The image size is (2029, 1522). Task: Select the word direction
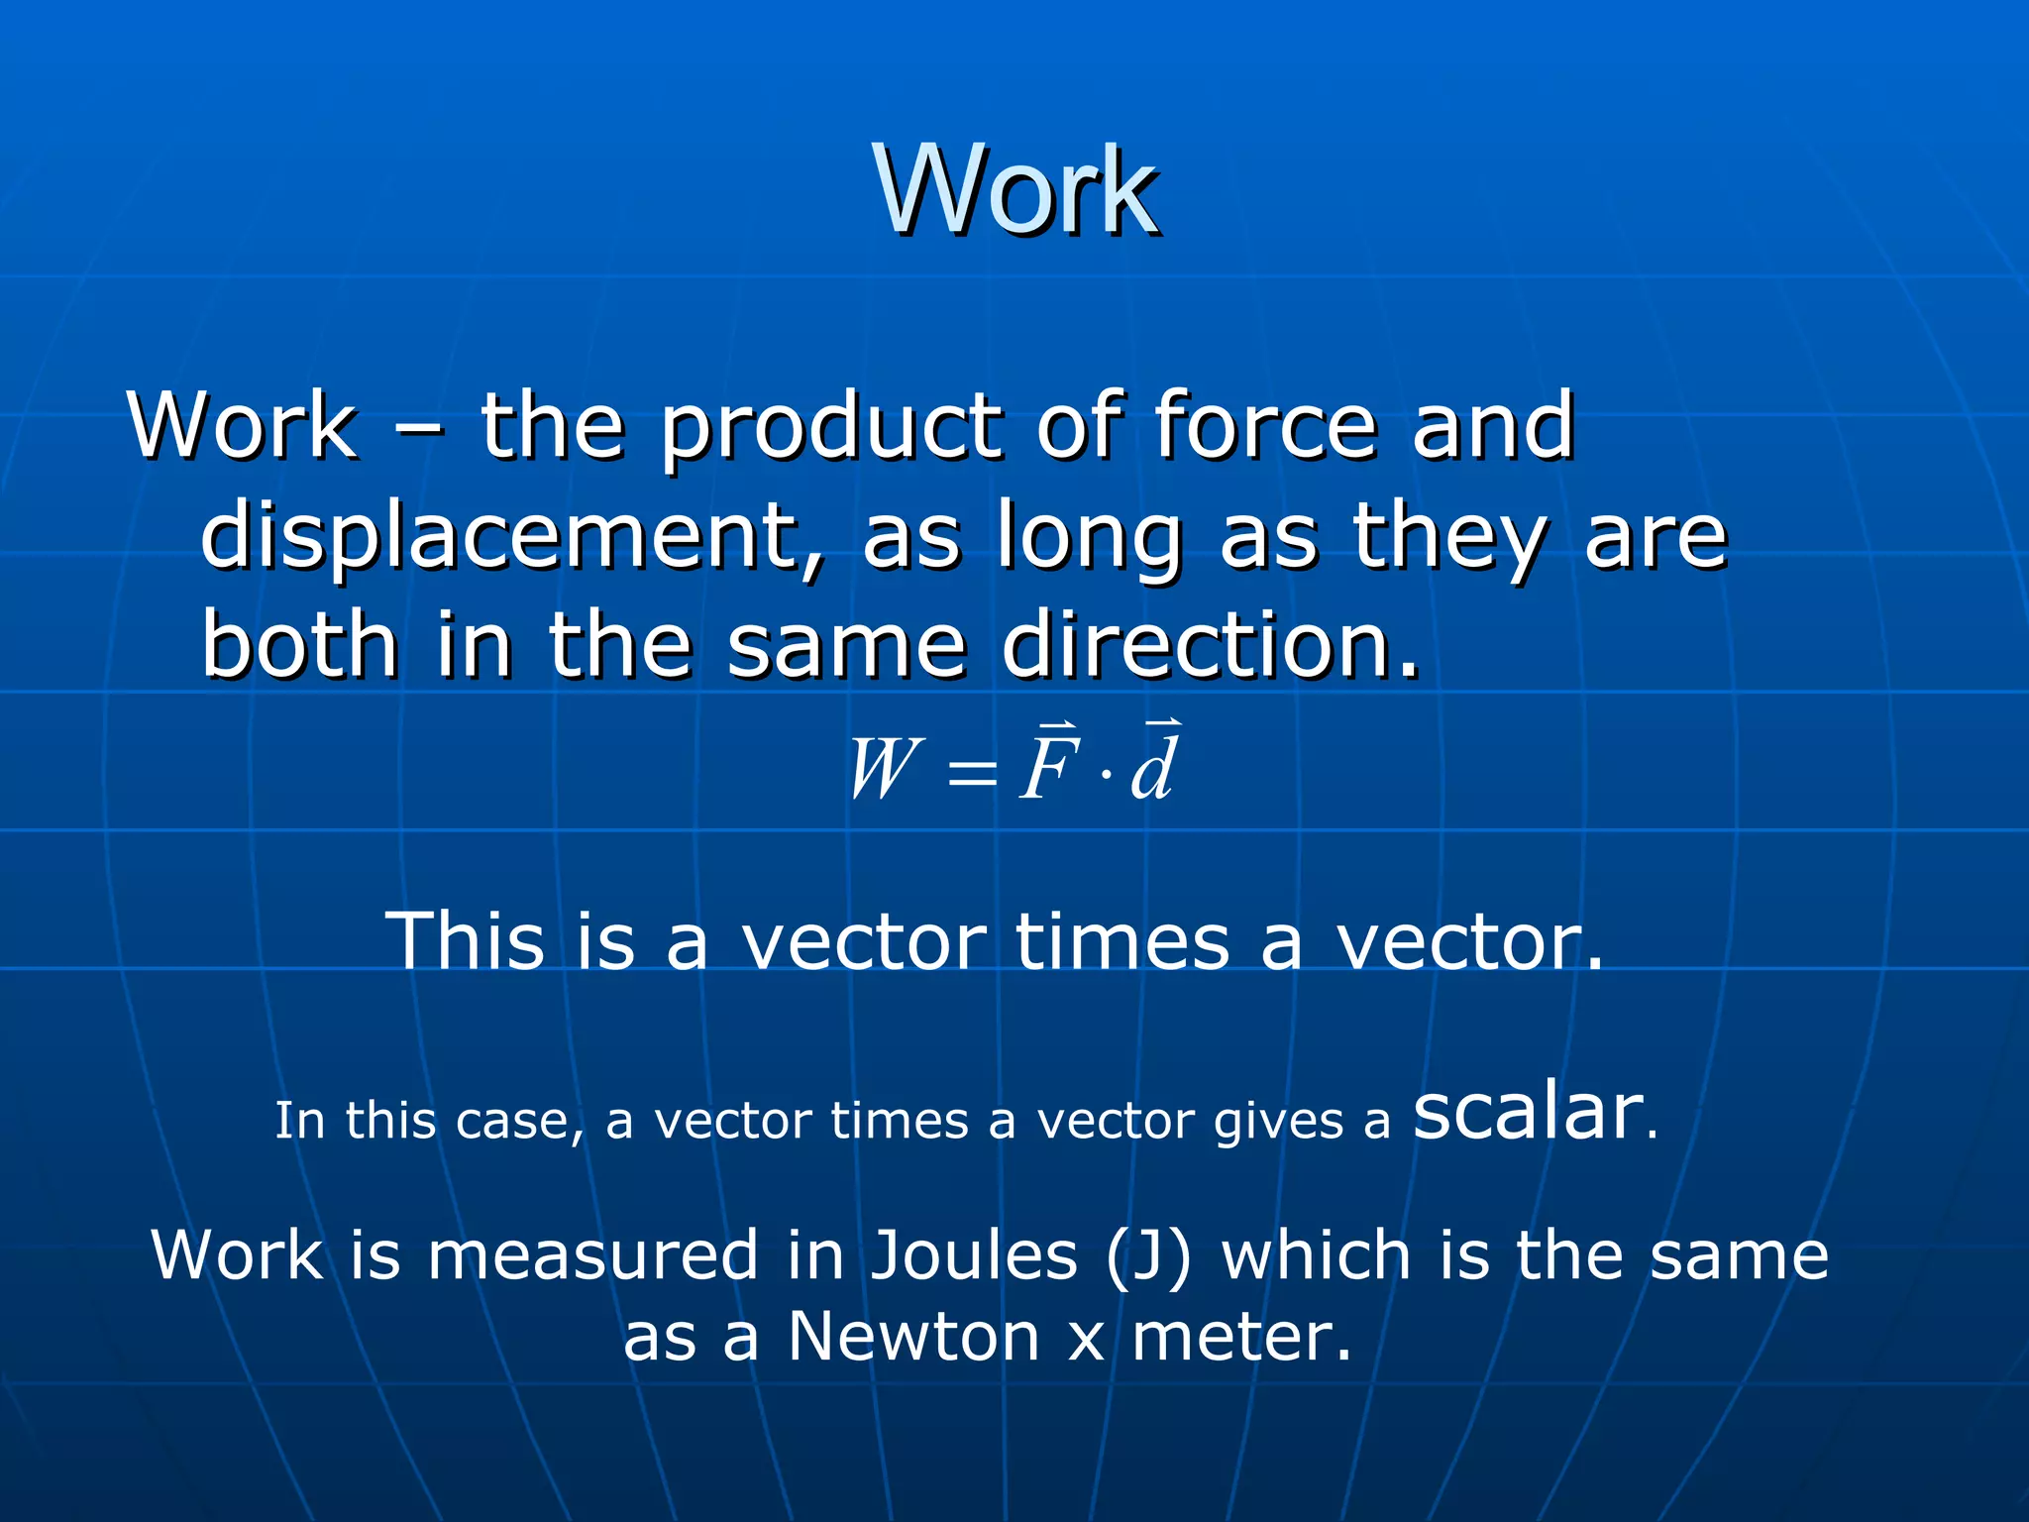pos(1210,645)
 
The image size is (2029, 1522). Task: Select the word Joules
pos(974,1256)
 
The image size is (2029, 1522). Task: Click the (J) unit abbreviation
pos(1148,1256)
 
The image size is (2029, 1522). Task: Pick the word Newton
pos(913,1337)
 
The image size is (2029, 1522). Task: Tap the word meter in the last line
pos(1240,1337)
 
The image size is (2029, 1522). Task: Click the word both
pos(299,645)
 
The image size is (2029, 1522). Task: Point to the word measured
pos(593,1256)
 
